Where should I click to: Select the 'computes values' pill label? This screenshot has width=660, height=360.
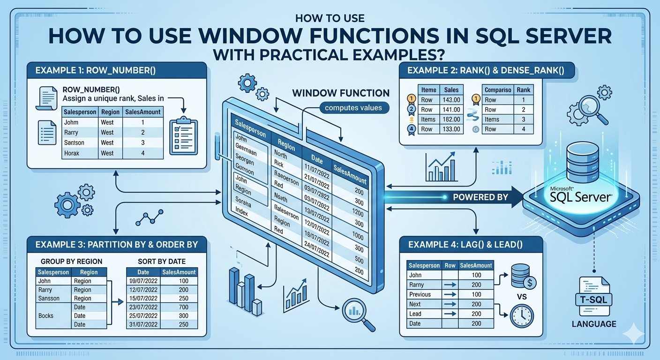pos(353,108)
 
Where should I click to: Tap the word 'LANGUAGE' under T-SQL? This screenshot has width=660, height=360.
pos(593,324)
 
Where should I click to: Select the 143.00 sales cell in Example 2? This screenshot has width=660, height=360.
pos(451,100)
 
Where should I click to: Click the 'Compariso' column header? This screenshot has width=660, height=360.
pos(498,90)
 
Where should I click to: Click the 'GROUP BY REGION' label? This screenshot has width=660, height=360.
pos(72,261)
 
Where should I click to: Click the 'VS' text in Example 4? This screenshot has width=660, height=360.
pos(522,297)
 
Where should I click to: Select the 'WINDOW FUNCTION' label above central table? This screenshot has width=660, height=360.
pos(340,93)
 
